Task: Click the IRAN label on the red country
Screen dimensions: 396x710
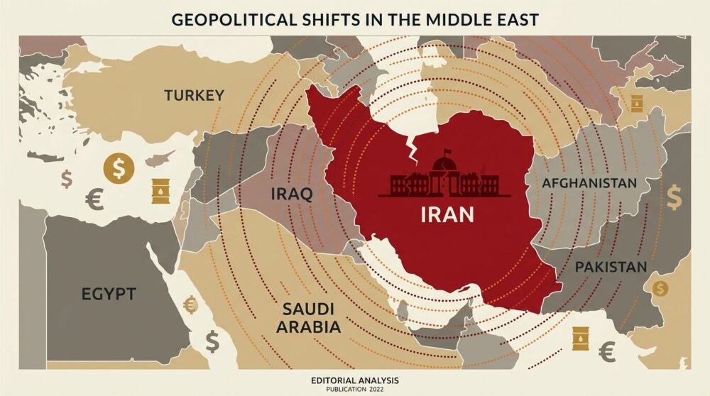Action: pos(447,214)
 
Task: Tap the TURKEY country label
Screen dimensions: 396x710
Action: pos(194,95)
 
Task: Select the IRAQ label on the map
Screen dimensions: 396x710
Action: pos(292,194)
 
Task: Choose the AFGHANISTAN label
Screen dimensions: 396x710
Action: pos(589,184)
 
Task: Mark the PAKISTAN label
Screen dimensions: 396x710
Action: pos(611,268)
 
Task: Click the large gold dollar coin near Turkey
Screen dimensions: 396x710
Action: pos(119,167)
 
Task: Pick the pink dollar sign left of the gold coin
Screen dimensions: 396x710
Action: pos(67,178)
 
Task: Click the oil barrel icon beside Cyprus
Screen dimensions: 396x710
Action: pos(161,191)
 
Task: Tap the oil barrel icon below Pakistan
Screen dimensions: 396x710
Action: pos(581,339)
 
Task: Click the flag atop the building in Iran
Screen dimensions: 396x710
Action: pos(447,151)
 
